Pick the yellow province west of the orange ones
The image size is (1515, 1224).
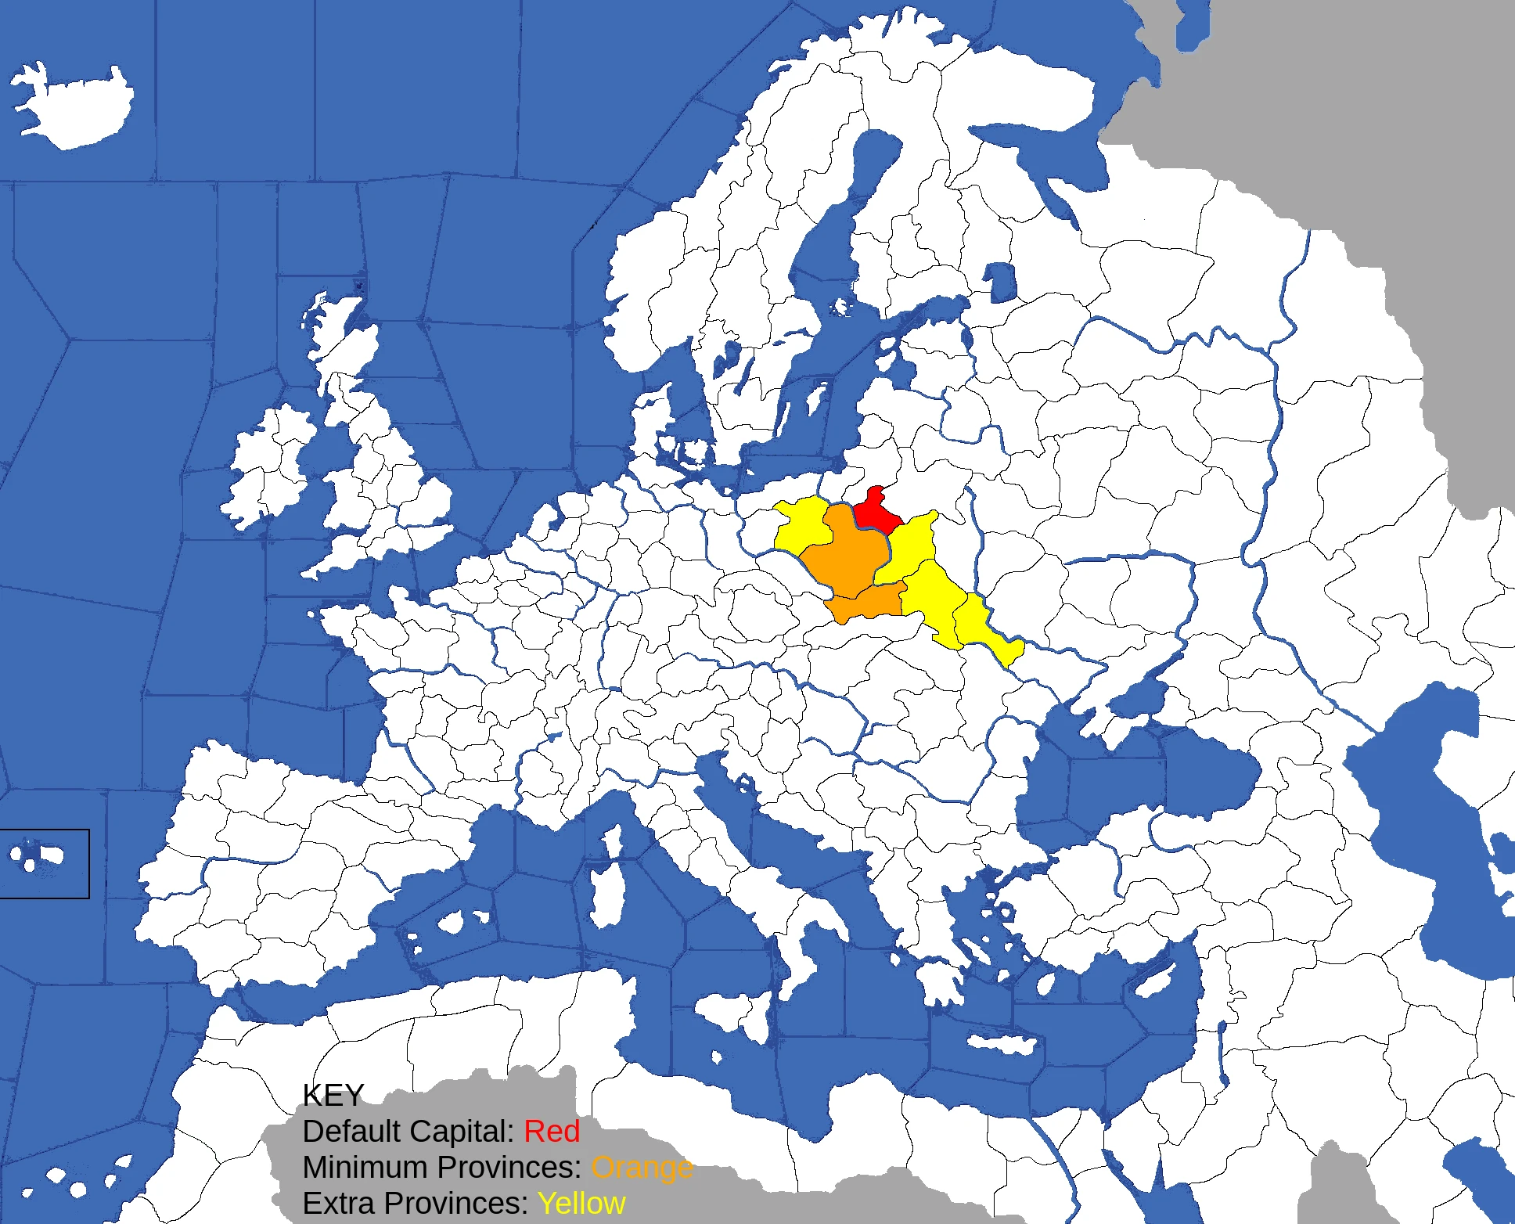point(802,524)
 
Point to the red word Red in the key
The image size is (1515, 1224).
point(552,1132)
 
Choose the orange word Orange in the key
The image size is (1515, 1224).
point(642,1168)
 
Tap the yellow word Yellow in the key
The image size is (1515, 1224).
point(581,1204)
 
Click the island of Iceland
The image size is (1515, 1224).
point(74,106)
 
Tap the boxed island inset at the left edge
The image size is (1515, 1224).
point(44,863)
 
